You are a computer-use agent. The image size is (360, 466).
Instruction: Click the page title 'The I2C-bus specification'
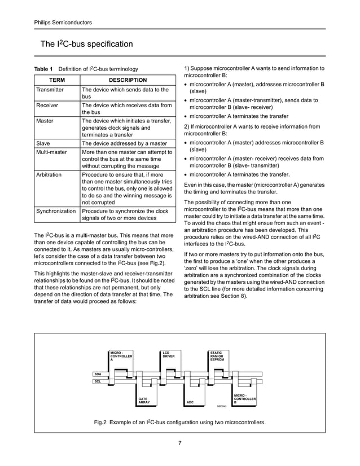86,44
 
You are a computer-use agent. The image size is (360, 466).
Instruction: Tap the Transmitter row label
50,90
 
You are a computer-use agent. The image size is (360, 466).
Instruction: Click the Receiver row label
47,105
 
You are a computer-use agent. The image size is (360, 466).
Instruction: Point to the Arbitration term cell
49,175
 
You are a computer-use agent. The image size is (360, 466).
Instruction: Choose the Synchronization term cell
56,211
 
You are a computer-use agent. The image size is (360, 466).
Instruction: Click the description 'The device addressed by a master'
125,143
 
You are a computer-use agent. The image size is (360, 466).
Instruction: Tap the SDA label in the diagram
98,374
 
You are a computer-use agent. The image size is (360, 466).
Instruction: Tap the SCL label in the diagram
98,382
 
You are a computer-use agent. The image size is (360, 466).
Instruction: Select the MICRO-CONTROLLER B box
245,398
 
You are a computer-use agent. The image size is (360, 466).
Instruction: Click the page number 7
179,442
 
